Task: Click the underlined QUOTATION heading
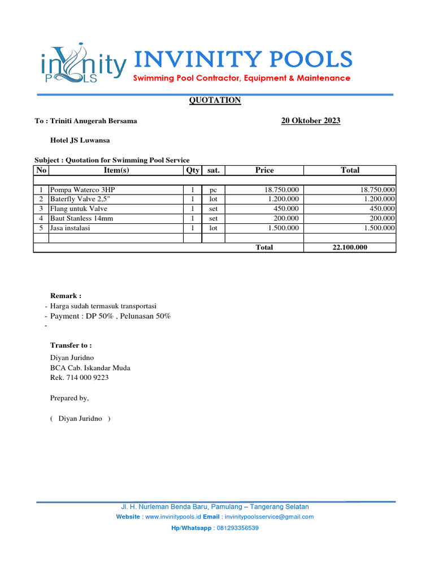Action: [x=214, y=100]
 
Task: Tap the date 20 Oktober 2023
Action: [x=310, y=120]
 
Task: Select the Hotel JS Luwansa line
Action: [x=80, y=140]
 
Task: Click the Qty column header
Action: [x=192, y=170]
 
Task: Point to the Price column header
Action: [x=264, y=170]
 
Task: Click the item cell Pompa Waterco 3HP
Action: [x=85, y=190]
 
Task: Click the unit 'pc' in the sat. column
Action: [x=213, y=190]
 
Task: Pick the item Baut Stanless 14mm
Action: [x=81, y=218]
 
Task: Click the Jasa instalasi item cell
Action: [x=70, y=228]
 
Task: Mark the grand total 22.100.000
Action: [x=350, y=247]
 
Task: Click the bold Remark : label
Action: [x=66, y=295]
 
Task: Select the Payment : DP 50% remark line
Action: [x=110, y=316]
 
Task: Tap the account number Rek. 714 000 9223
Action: [x=79, y=377]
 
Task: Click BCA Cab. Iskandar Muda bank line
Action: [x=90, y=368]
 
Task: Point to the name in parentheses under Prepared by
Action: [x=80, y=418]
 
